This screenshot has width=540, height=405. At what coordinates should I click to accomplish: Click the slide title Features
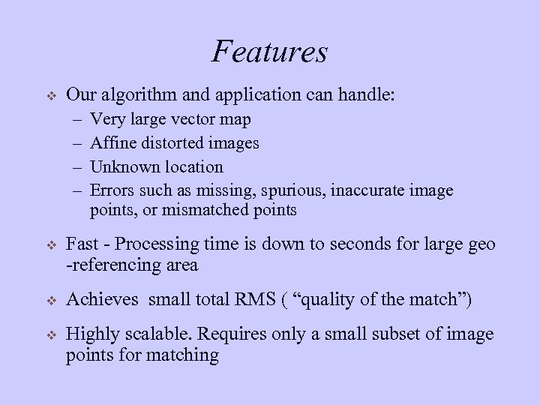coord(270,52)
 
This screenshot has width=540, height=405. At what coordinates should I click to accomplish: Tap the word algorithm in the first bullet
coord(131,96)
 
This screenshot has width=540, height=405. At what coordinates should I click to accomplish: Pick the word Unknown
coord(122,166)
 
